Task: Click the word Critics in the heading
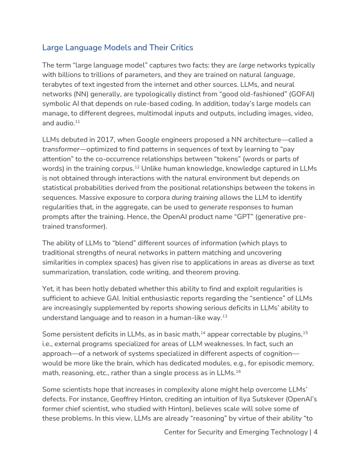tap(179, 47)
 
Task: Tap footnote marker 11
tap(77, 122)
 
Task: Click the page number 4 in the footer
tap(315, 432)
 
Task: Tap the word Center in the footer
tap(178, 432)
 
